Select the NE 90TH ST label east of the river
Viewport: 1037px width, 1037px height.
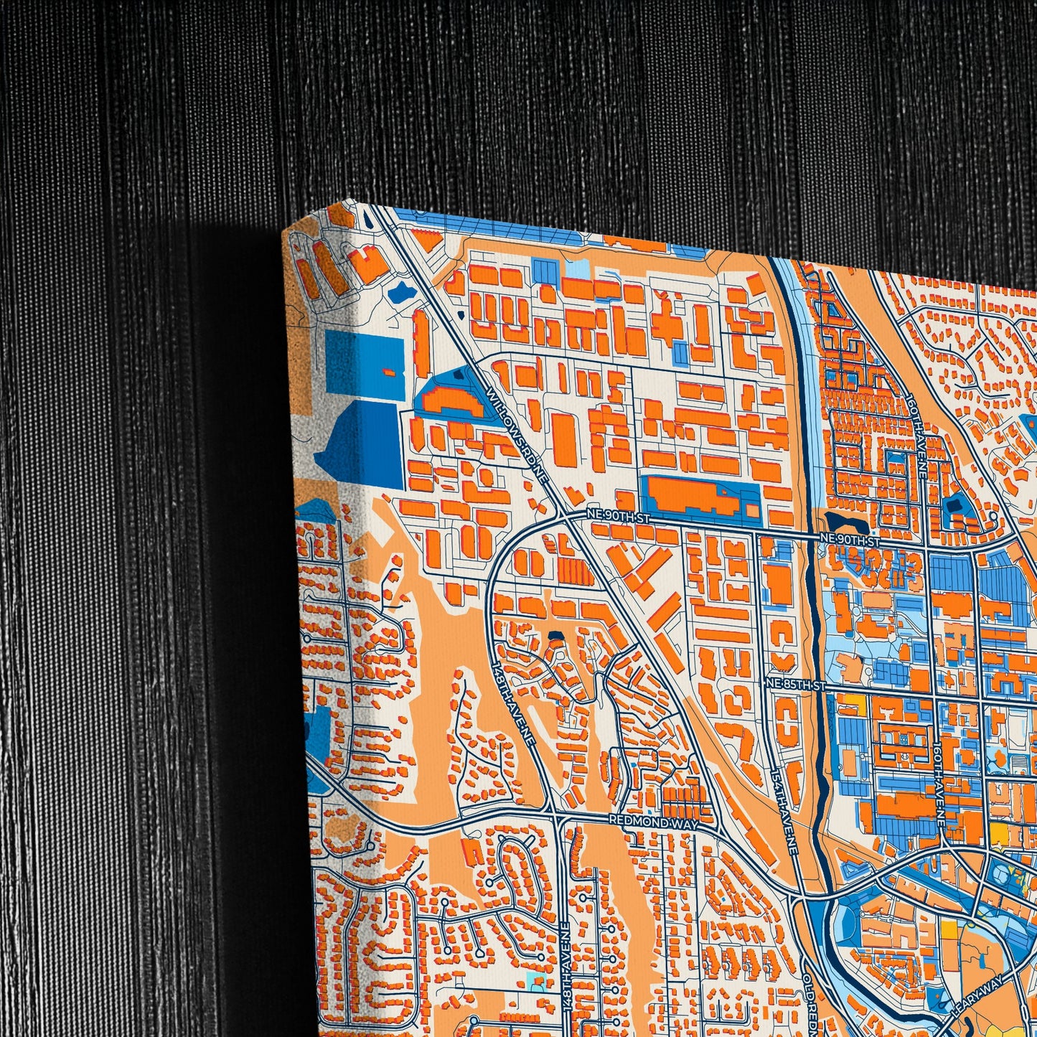[x=850, y=540]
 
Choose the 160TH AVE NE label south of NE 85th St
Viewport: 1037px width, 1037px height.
[x=938, y=779]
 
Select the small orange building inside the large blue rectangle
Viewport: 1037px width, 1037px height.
[x=390, y=372]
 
